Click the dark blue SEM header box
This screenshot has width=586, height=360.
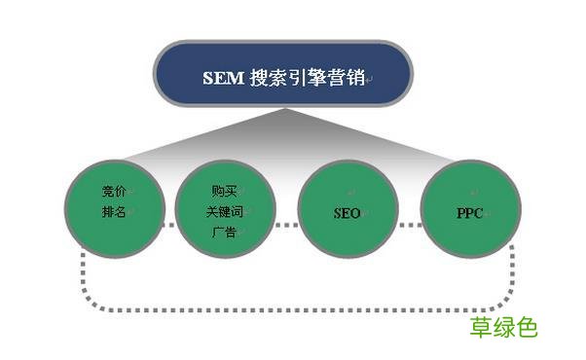(x=283, y=76)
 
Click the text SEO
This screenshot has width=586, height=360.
(x=347, y=212)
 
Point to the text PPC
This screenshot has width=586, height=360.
(x=470, y=211)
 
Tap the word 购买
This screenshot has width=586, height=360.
(x=223, y=191)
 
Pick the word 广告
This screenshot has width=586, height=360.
(x=223, y=232)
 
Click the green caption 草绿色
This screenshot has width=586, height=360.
(x=503, y=327)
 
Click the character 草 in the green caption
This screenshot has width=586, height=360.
(x=481, y=327)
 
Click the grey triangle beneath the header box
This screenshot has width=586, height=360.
(x=283, y=136)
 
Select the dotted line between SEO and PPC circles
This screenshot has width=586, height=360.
(x=409, y=226)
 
